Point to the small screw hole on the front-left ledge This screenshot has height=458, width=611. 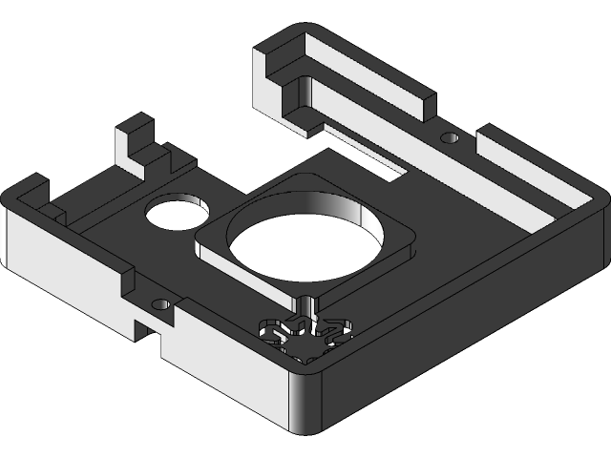point(160,305)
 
